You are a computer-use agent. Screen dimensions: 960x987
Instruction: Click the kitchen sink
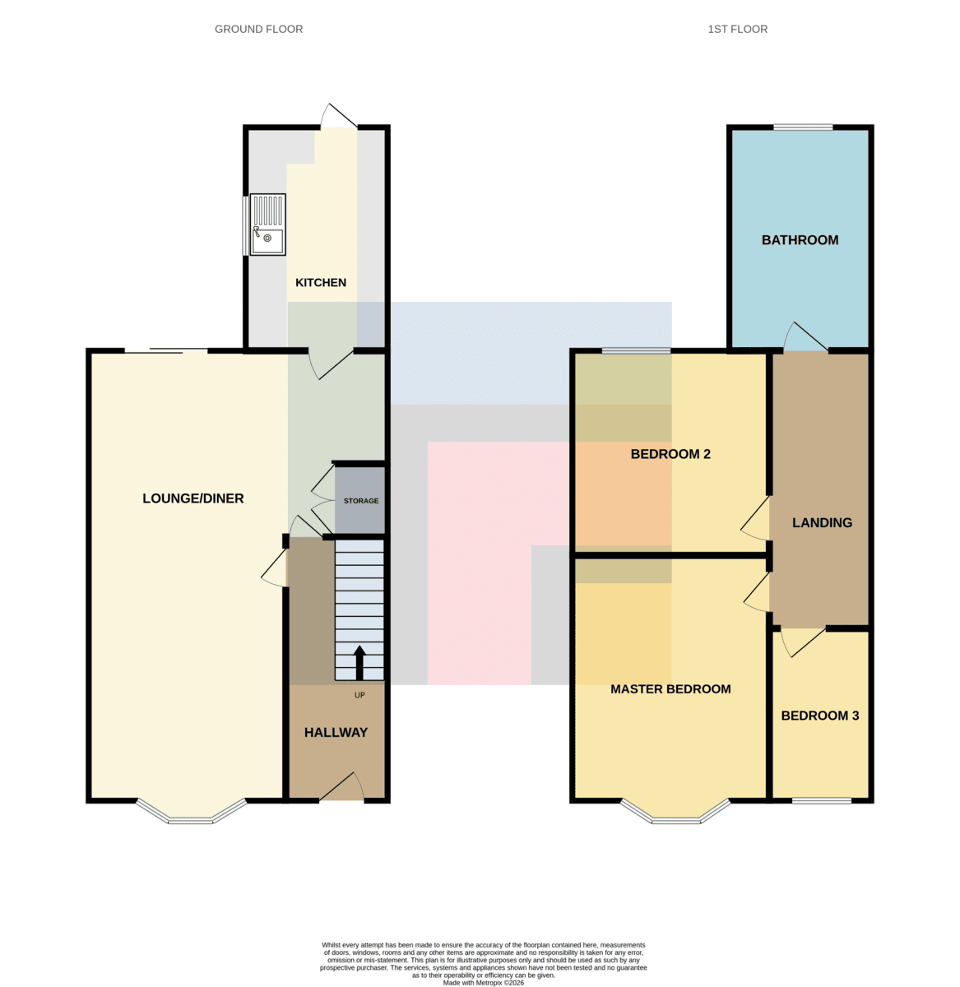click(267, 225)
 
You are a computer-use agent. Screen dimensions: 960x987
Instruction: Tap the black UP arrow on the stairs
click(359, 662)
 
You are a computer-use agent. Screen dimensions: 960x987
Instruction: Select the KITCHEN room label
click(320, 282)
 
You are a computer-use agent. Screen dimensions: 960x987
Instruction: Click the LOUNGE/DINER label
click(192, 498)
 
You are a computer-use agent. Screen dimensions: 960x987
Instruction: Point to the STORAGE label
click(361, 501)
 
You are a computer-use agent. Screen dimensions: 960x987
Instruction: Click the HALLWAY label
click(336, 732)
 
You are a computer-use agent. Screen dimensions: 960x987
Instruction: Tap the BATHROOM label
click(799, 240)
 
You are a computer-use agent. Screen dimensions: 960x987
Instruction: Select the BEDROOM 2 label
click(670, 454)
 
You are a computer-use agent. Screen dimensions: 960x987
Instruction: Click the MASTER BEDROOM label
click(670, 688)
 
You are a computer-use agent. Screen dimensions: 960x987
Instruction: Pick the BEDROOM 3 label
click(819, 716)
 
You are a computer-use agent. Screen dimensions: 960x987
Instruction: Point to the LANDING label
click(822, 522)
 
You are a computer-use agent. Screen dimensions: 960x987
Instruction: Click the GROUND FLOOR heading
click(258, 30)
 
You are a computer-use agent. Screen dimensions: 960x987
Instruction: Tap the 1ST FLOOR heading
click(737, 30)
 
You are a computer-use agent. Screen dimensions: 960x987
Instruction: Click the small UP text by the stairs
click(359, 695)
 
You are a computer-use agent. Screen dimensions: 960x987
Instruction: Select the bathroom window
click(802, 127)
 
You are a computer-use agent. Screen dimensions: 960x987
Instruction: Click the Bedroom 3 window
click(822, 800)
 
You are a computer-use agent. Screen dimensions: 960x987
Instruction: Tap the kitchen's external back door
click(339, 116)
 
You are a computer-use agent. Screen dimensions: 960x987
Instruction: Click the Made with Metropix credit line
click(483, 982)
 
